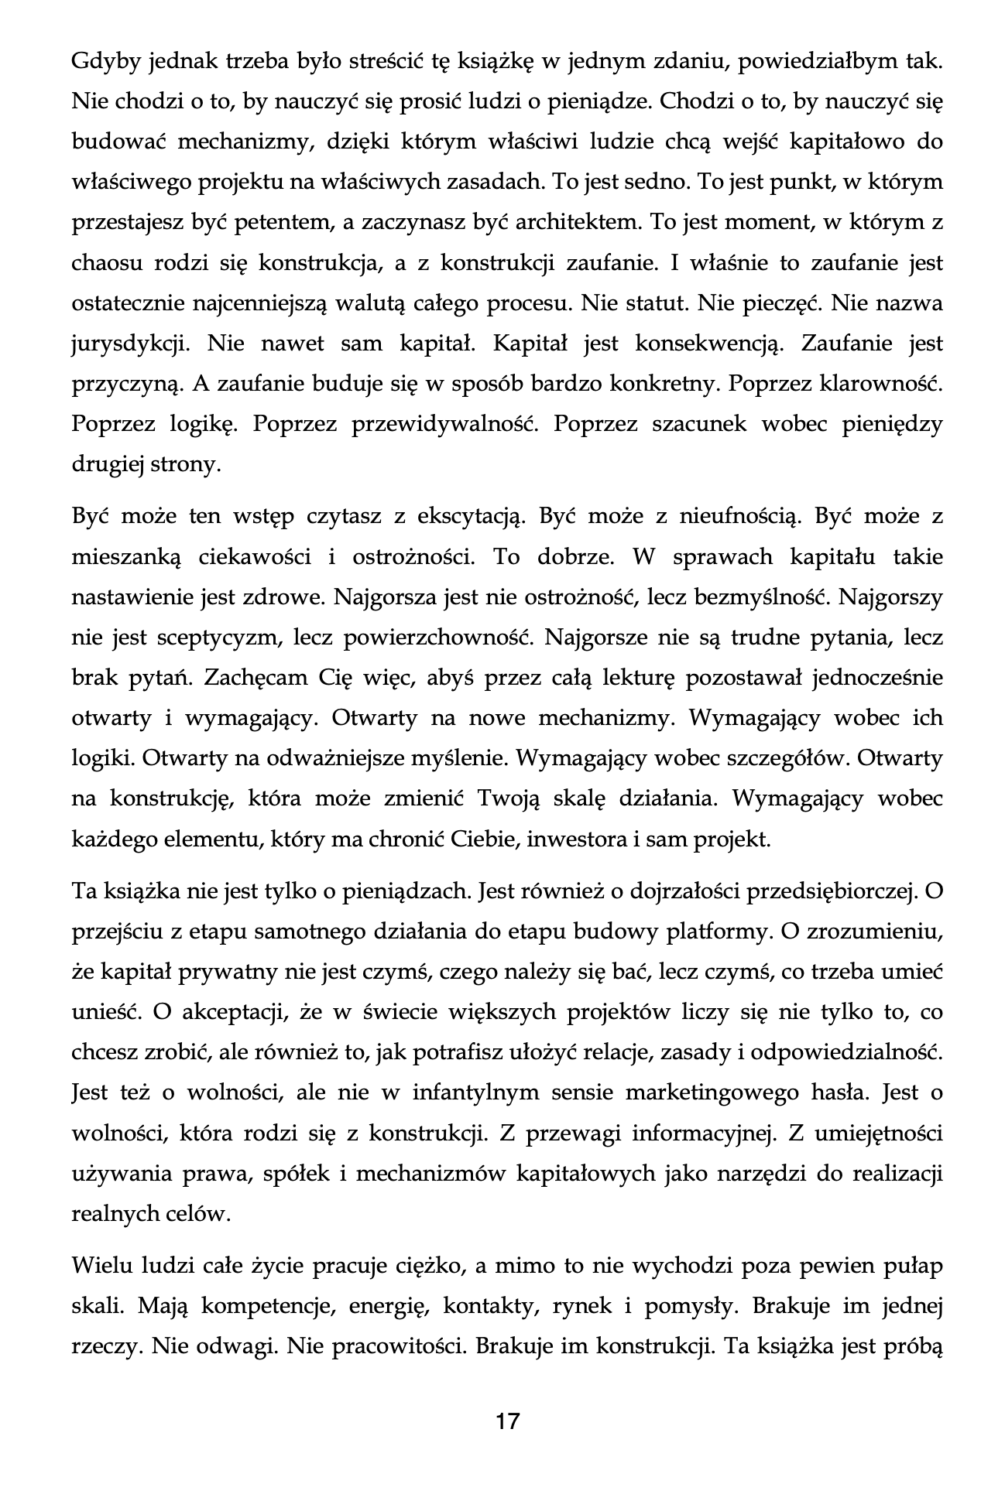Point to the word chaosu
pos(102,263)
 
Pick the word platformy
pos(724,931)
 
